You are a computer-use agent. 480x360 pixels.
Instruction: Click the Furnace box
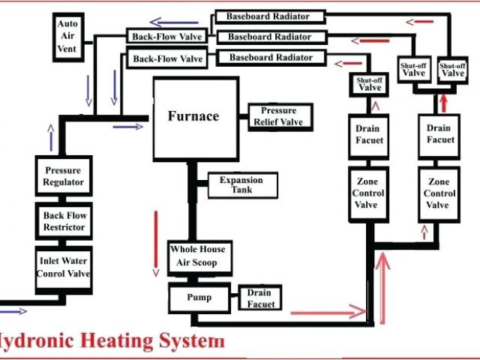193,117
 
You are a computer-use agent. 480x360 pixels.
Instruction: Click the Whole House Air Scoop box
197,255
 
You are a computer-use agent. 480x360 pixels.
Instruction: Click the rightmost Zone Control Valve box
438,193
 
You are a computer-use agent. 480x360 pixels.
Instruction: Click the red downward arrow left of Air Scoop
156,241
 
